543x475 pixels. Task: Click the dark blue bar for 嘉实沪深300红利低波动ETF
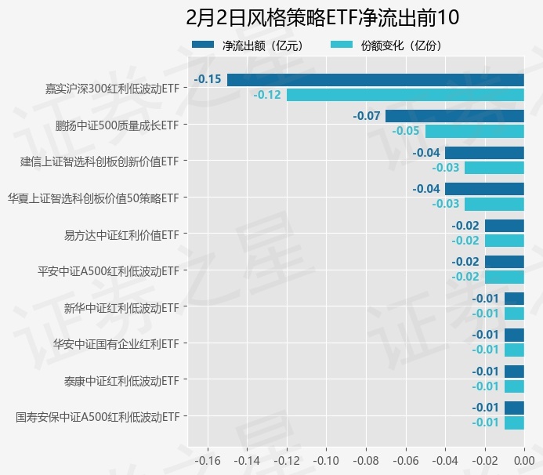[x=375, y=80]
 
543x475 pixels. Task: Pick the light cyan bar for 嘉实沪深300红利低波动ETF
[x=405, y=95]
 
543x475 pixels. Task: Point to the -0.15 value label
[x=208, y=79]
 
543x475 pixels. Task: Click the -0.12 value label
[x=267, y=95]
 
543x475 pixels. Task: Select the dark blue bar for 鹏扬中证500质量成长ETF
[x=454, y=116]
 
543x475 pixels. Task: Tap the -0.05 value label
[x=406, y=131]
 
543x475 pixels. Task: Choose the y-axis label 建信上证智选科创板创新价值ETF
[x=100, y=161]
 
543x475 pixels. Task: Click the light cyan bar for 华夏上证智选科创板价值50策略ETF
[x=494, y=204]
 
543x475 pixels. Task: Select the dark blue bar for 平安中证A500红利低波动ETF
[x=504, y=262]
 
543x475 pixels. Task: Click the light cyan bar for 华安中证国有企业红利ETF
[x=514, y=350]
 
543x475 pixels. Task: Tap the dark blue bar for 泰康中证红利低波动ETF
[x=514, y=372]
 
